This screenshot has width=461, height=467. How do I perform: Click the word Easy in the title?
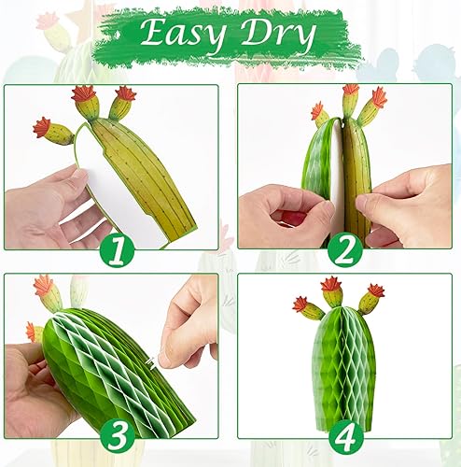point(179,36)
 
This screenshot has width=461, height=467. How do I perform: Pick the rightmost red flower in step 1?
point(125,93)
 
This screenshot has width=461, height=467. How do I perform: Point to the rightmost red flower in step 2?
point(379,96)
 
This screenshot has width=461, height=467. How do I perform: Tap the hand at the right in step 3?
point(191,322)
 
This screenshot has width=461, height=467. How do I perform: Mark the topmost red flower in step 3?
point(44,285)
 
